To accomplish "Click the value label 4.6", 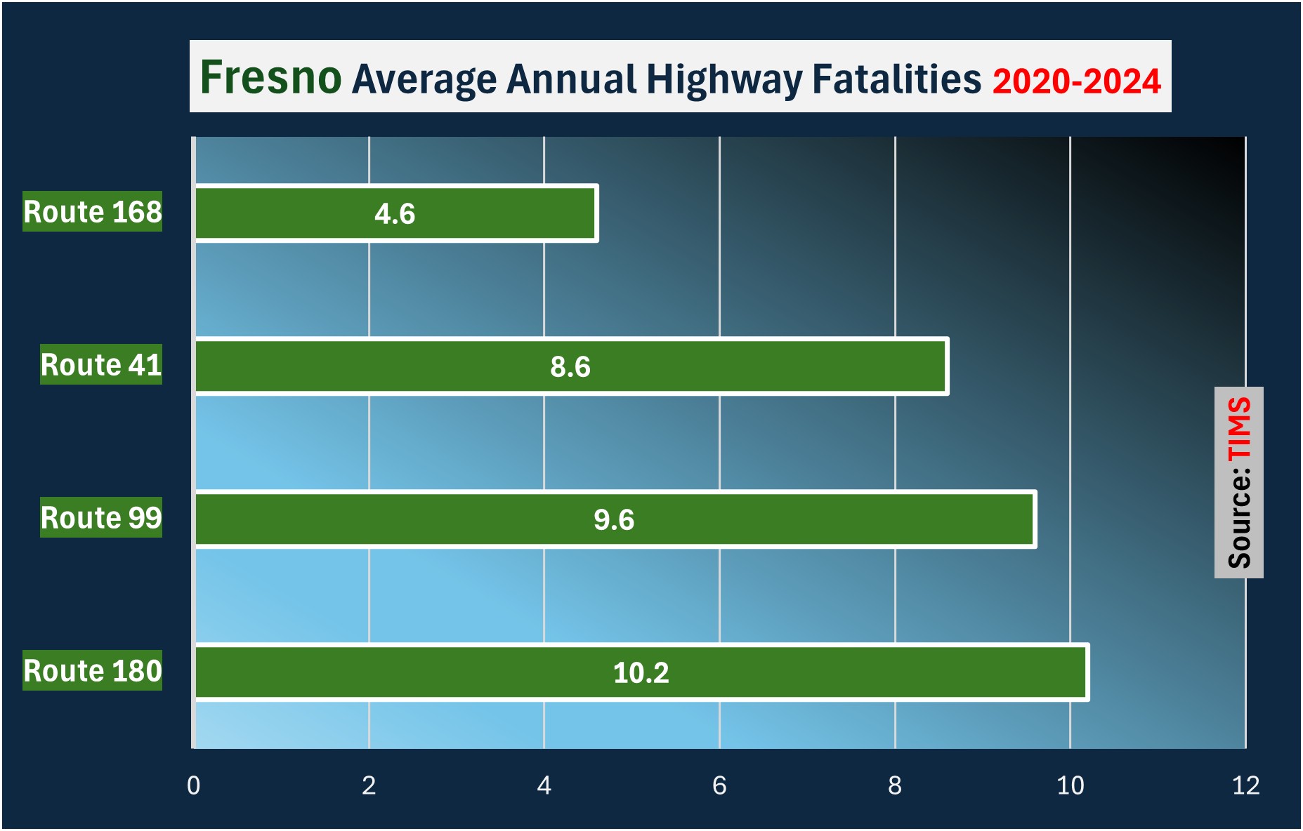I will tap(395, 214).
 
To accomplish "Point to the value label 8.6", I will tap(570, 367).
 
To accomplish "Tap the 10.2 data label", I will tap(641, 673).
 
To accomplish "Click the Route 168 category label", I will tap(93, 211).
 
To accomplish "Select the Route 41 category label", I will tap(101, 364).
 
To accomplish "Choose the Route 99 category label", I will tap(101, 517).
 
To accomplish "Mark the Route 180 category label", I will tap(93, 670).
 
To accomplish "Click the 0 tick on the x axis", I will tap(193, 785).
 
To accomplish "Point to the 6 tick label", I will tap(719, 785).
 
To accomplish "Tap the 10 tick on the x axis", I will tap(1070, 785).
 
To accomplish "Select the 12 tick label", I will tap(1245, 785).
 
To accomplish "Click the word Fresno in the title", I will tap(270, 77).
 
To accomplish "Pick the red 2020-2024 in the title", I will tap(1076, 81).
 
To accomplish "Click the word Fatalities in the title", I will tap(896, 79).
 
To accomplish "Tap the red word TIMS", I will tap(1239, 429).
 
